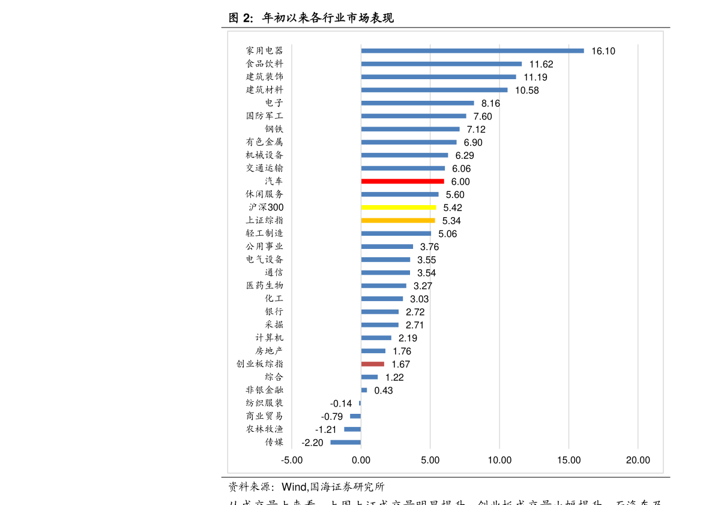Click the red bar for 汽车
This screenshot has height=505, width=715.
point(402,181)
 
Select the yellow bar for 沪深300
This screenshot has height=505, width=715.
point(399,207)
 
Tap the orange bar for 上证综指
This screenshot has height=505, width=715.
point(398,220)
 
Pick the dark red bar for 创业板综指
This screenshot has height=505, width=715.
point(372,364)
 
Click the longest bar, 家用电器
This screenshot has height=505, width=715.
point(472,51)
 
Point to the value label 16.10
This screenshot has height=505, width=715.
point(603,51)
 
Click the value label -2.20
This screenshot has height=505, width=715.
point(312,443)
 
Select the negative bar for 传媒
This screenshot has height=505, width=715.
point(346,442)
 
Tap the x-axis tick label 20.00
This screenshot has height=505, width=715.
point(638,461)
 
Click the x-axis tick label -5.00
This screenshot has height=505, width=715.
point(292,461)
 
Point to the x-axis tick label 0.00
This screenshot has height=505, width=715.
point(361,461)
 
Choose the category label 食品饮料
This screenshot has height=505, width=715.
point(264,64)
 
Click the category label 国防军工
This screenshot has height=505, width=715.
point(264,116)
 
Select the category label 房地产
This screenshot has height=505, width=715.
point(269,351)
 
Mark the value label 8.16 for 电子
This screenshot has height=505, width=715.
point(490,103)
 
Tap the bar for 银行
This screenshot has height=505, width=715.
point(379,312)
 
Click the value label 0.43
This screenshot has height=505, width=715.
point(383,390)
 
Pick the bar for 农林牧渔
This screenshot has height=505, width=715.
point(352,429)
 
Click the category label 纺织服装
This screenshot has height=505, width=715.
point(264,403)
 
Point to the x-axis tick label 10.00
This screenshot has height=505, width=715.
point(499,461)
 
